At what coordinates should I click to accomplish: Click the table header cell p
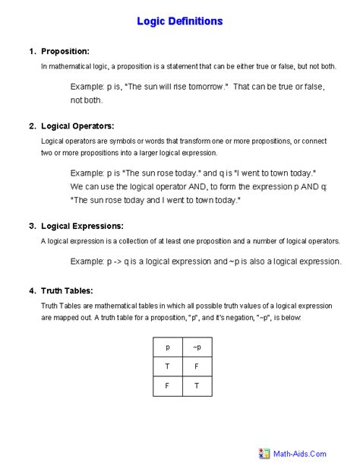tap(167, 347)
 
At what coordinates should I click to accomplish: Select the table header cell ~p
tap(197, 347)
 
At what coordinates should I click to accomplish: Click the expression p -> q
tap(125, 261)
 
